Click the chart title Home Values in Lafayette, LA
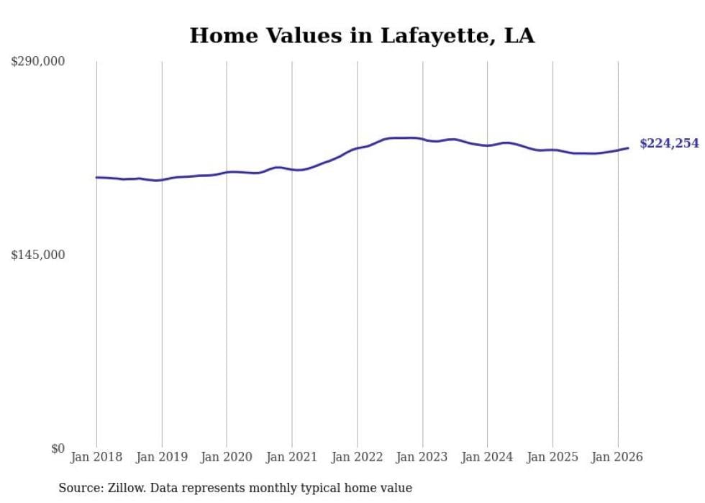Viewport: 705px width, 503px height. tap(362, 35)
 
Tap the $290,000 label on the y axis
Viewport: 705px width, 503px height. tap(37, 61)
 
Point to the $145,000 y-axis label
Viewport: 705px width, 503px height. tap(37, 255)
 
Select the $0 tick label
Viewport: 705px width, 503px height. tap(58, 448)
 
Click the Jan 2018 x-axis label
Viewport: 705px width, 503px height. tap(96, 457)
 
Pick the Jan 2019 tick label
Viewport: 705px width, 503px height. tap(162, 457)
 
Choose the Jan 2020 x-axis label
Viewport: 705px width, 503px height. tap(227, 457)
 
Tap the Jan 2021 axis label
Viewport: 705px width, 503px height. tap(292, 457)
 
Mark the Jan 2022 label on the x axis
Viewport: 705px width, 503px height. tap(357, 457)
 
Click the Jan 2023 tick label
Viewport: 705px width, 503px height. tap(422, 457)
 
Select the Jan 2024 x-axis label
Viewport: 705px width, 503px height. tap(487, 457)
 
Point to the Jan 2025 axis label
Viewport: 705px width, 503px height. tap(552, 457)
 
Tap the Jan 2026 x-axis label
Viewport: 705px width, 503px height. tap(617, 457)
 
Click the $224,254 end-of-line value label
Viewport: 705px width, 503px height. tap(669, 143)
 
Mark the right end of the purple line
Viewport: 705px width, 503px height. tap(628, 148)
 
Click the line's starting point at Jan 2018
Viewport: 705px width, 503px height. tap(96, 177)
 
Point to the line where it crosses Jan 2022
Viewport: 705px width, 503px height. tap(357, 149)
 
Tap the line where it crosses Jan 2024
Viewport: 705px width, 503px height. tap(487, 145)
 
